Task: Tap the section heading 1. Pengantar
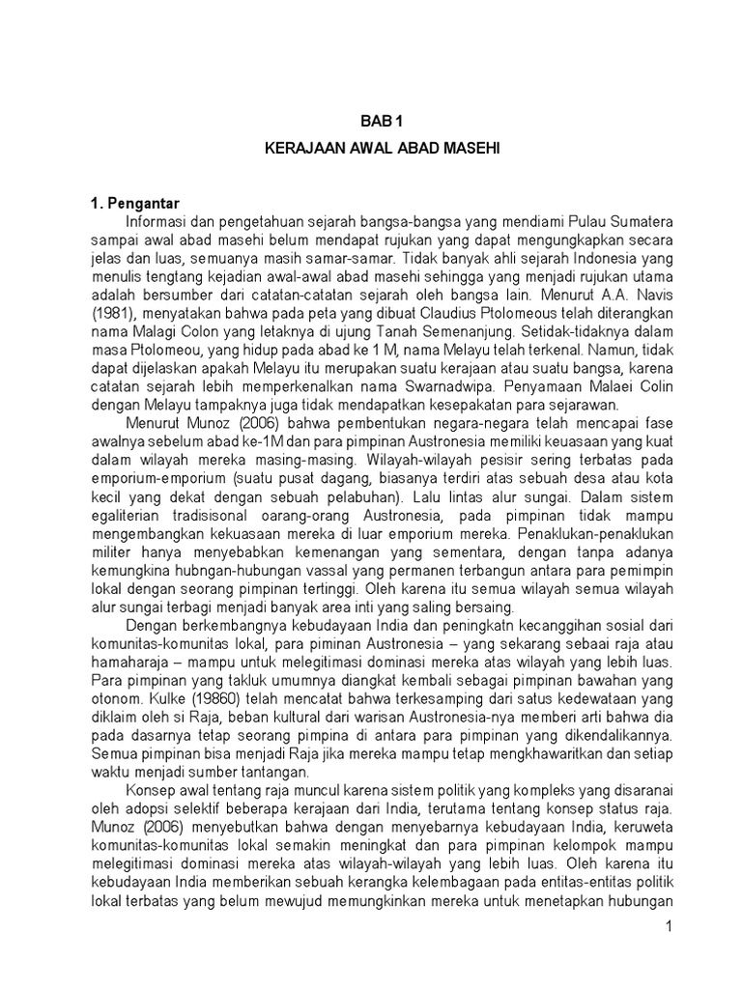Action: coord(137,205)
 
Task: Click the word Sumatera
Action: coord(640,223)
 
